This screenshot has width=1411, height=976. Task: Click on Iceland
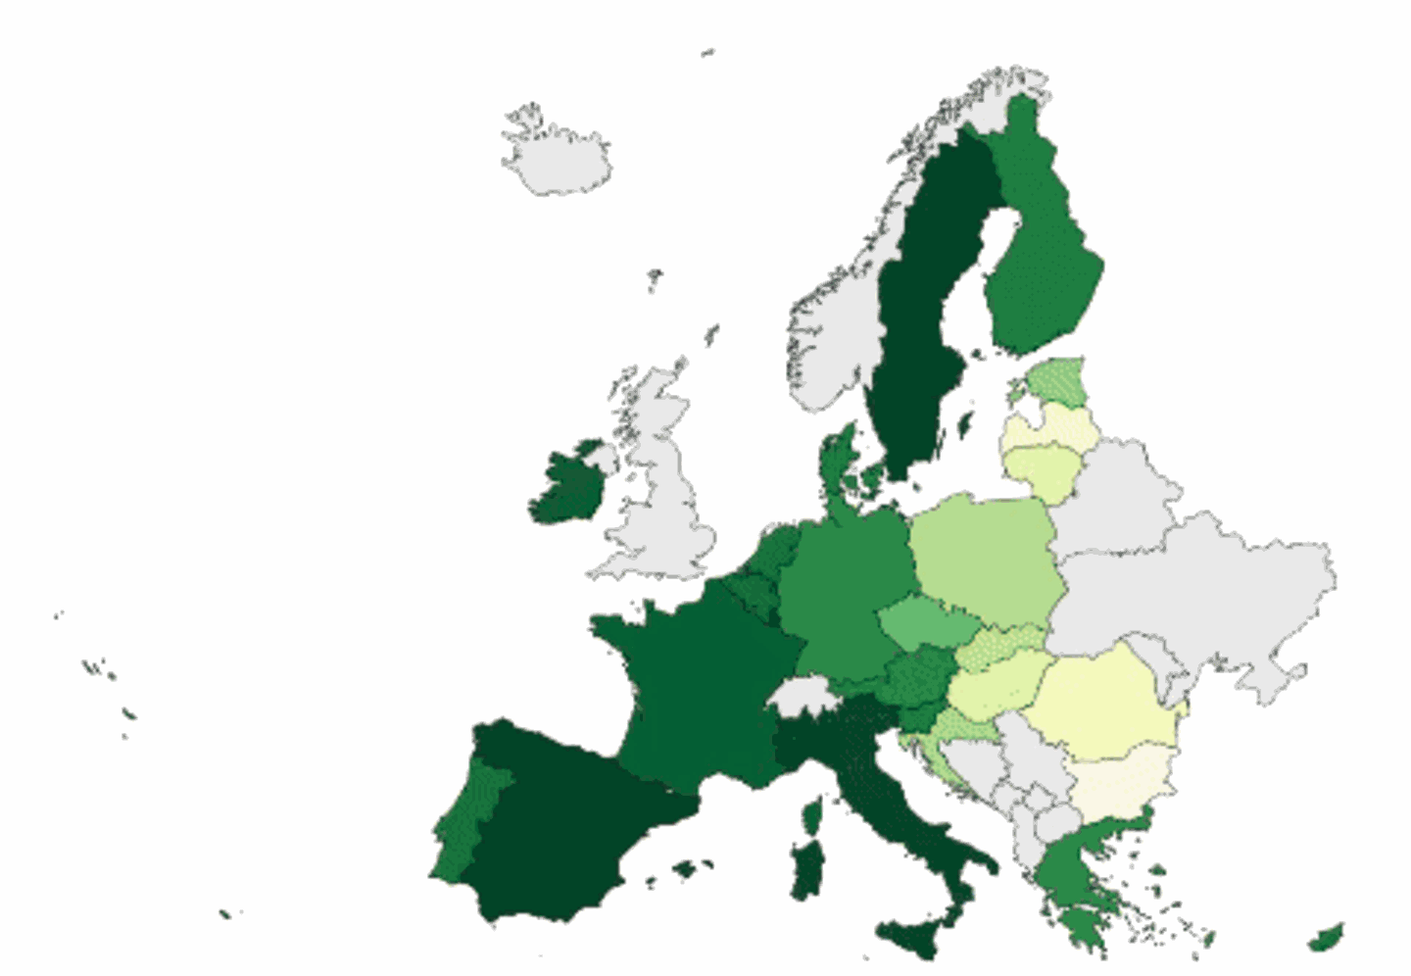coord(556,157)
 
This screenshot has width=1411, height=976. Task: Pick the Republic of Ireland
coord(568,486)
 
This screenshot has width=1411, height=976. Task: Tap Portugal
coord(465,823)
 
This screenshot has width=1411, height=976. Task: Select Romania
coord(1102,706)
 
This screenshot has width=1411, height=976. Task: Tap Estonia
coord(1058,382)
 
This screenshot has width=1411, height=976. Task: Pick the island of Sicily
coord(916,936)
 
